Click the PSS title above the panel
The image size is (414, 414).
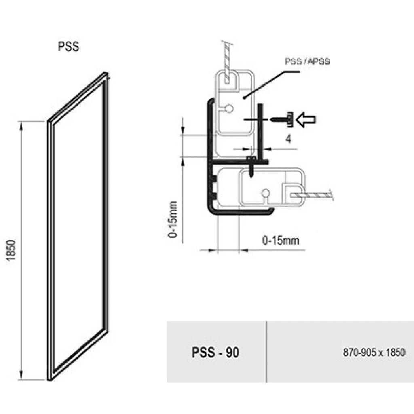click(68, 47)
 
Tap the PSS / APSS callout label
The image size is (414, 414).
click(307, 61)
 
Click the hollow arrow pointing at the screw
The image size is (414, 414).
click(306, 120)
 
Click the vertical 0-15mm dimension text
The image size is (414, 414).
click(173, 220)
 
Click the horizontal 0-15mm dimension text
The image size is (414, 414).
click(281, 241)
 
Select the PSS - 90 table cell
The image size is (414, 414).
click(216, 352)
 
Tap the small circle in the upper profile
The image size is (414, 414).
click(229, 108)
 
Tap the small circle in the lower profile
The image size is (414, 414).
click(266, 193)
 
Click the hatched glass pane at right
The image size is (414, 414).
click(312, 195)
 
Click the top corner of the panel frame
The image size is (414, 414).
click(106, 73)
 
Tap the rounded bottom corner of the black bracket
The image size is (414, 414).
click(210, 210)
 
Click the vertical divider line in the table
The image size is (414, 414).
click(266, 352)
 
